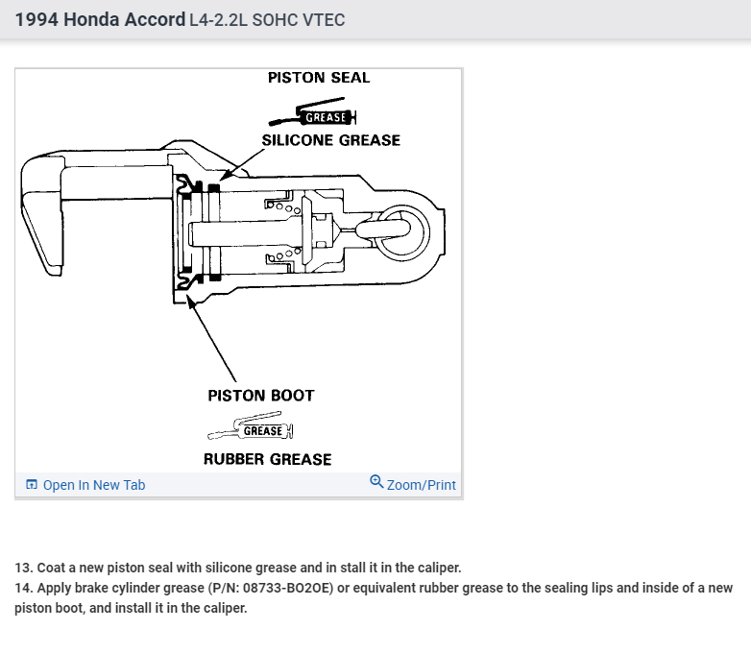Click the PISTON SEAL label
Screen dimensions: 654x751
point(318,78)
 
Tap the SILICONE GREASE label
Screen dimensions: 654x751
point(330,140)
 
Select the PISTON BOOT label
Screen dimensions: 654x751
point(260,396)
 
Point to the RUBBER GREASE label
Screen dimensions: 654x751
point(267,460)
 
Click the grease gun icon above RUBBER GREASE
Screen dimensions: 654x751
point(252,431)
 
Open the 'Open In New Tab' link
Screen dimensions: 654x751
point(93,485)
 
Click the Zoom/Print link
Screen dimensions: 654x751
point(421,485)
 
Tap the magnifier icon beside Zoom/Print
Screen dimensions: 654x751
point(376,482)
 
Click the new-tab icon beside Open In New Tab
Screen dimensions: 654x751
point(32,485)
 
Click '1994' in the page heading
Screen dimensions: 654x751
point(36,20)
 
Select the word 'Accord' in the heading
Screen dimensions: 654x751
point(155,20)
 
